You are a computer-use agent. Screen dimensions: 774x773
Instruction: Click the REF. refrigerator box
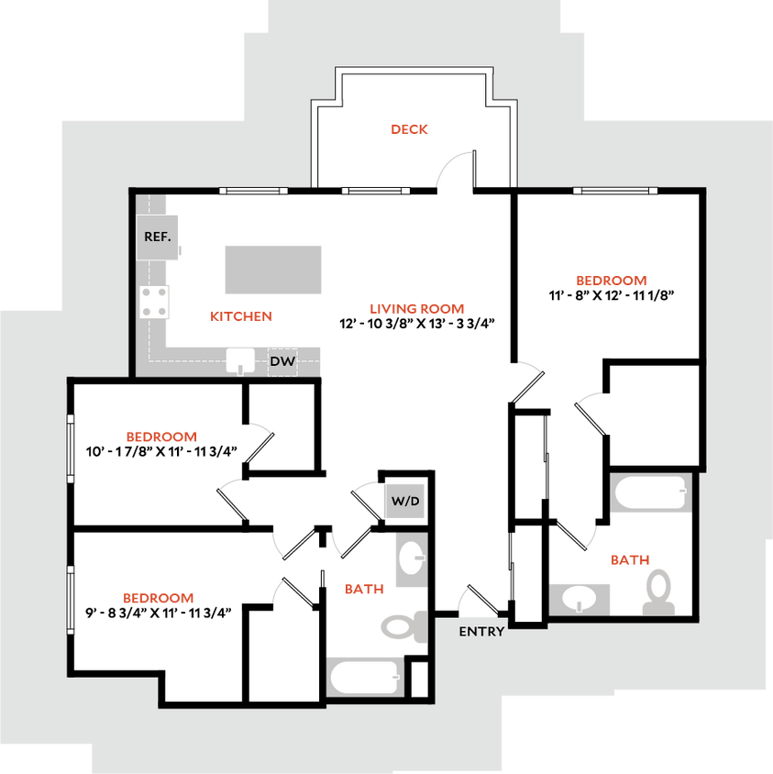pos(158,237)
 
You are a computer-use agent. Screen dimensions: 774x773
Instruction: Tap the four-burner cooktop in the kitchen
pos(155,302)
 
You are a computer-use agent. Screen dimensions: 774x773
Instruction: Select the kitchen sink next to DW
pos(240,361)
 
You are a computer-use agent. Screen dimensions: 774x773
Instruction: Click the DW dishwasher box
pos(282,362)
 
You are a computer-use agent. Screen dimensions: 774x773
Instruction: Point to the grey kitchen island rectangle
pos(273,269)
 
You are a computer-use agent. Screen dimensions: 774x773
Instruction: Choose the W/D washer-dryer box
pos(404,502)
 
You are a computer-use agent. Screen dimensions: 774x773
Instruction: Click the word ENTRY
pos(481,632)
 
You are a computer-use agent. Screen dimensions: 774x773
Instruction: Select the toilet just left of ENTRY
pos(402,627)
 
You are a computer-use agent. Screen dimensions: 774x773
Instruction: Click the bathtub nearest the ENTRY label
pos(365,678)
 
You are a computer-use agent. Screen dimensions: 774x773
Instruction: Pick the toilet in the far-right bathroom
pos(658,592)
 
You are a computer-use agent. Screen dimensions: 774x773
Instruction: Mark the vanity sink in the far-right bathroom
pos(580,600)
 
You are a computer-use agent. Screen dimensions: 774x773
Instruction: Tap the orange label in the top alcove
pos(409,129)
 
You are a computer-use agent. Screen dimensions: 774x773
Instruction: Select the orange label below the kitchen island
pos(241,316)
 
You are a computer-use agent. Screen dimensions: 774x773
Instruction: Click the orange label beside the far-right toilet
pos(630,559)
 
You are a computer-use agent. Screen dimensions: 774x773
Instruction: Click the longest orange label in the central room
pos(416,309)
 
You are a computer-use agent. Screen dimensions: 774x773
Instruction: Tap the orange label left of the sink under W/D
pos(363,589)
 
